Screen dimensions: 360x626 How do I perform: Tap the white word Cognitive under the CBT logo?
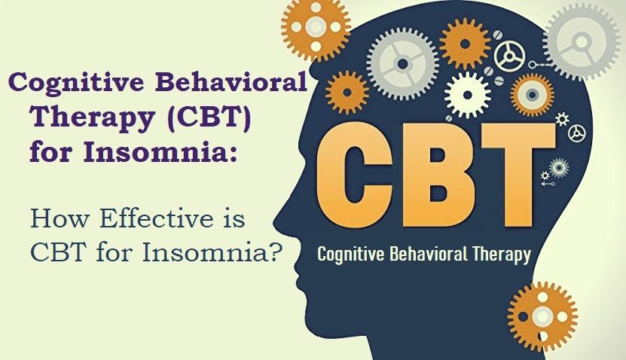[x=350, y=254]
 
